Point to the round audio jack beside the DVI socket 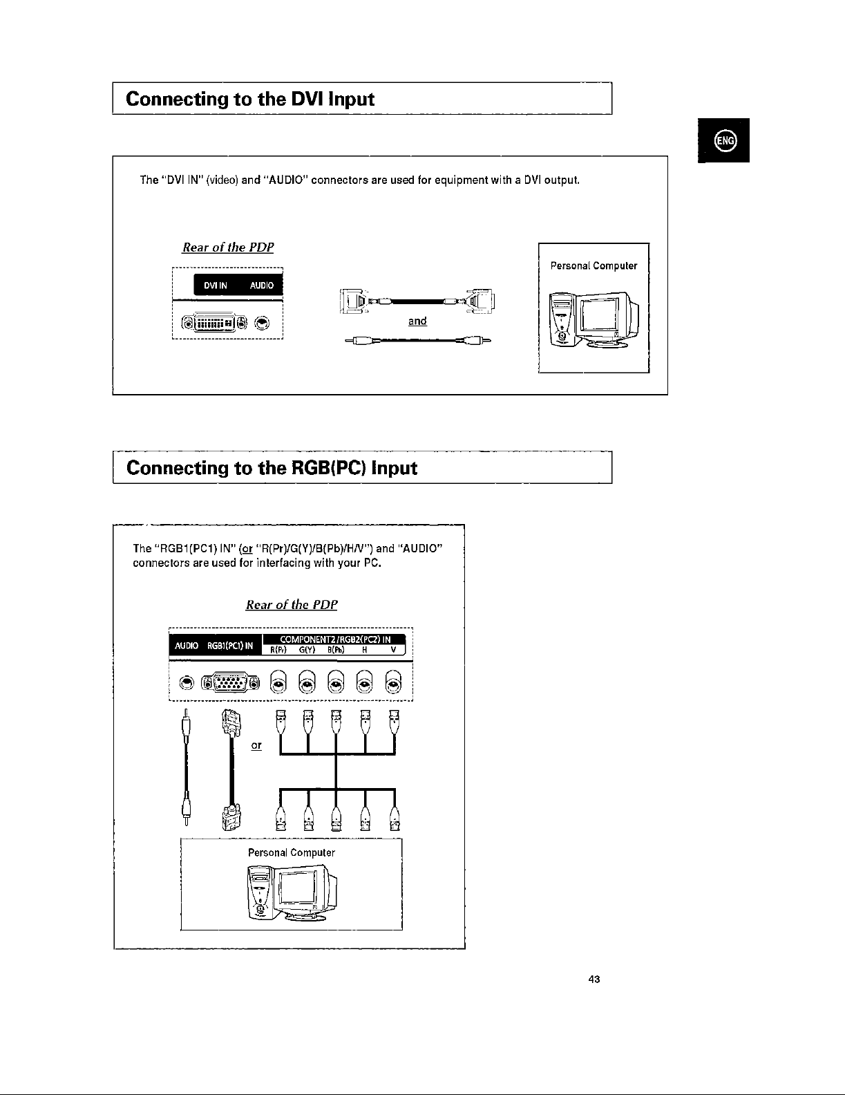tap(263, 322)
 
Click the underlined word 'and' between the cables tap(417, 321)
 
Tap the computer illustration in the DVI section tap(594, 321)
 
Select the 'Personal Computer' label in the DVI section tap(594, 265)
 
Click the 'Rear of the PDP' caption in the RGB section tap(291, 605)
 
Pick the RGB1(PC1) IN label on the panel tap(231, 646)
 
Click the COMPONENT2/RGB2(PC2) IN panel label tap(335, 639)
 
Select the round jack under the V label tap(393, 684)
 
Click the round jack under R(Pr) tap(278, 684)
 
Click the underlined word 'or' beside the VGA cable tap(256, 746)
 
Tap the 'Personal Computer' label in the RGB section tap(292, 852)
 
